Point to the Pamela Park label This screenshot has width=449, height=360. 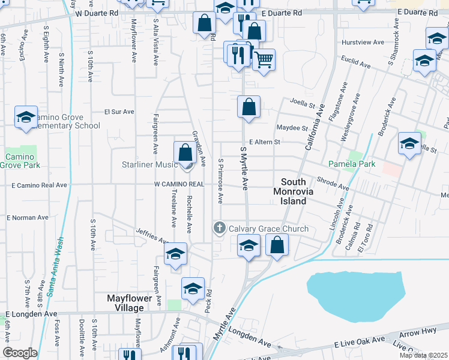tap(351, 163)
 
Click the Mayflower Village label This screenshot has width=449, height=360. tap(125, 302)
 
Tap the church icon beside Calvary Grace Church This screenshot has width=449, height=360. tap(219, 228)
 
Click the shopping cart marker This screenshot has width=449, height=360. tap(264, 60)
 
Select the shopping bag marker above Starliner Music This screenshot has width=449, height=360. tap(185, 152)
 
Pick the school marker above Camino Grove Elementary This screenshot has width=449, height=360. tap(26, 117)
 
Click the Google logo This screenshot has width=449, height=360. tap(20, 353)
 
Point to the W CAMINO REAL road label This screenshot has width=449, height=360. tap(179, 184)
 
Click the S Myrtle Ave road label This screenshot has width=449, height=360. tap(244, 169)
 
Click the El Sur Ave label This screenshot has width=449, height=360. tap(119, 112)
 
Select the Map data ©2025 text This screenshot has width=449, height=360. tap(423, 355)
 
